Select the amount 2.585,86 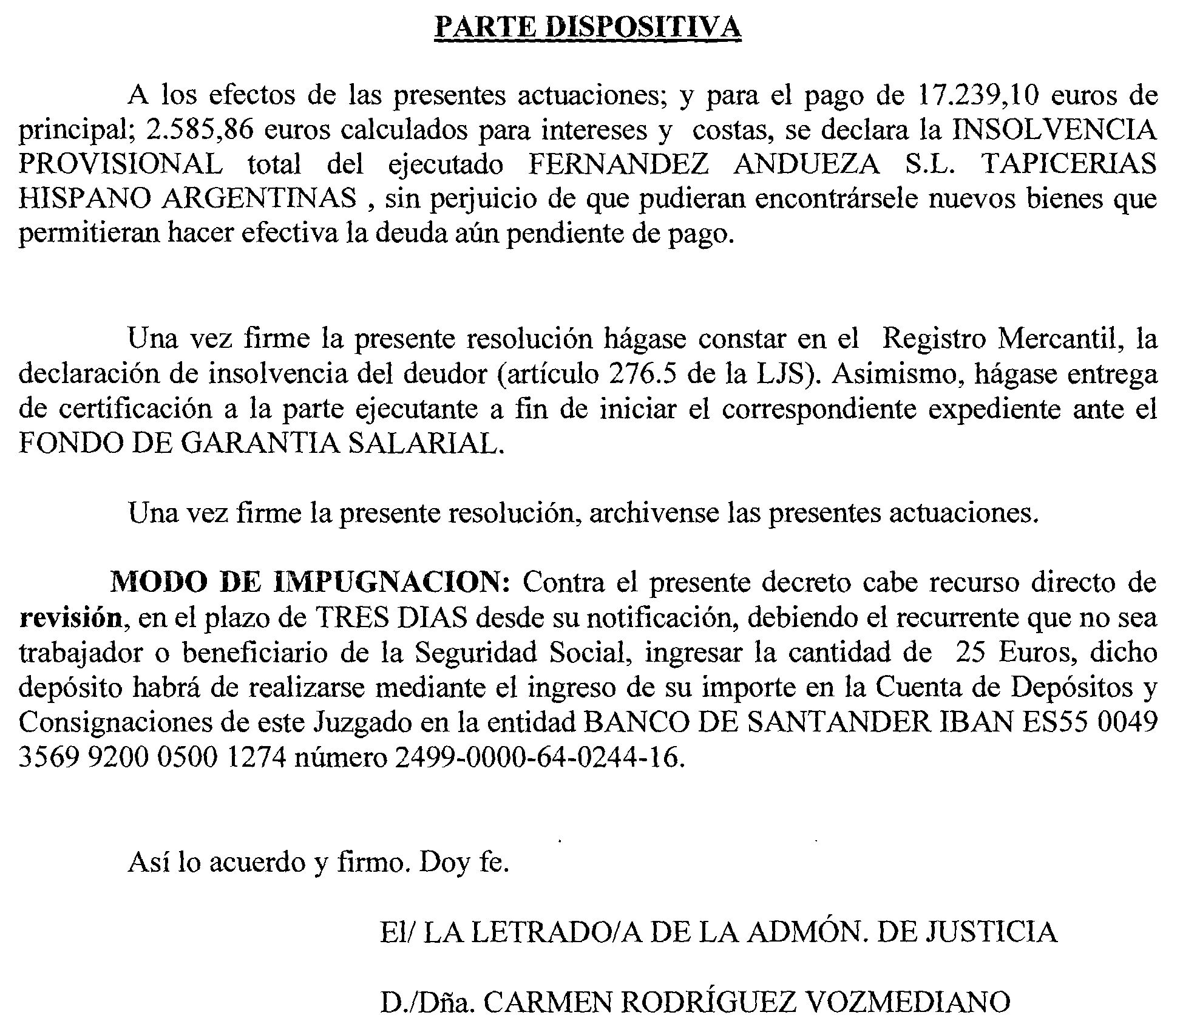click(x=200, y=131)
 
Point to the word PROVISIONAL click(x=120, y=165)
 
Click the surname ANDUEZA click(x=806, y=165)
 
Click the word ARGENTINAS click(x=259, y=199)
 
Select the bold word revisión click(x=70, y=618)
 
